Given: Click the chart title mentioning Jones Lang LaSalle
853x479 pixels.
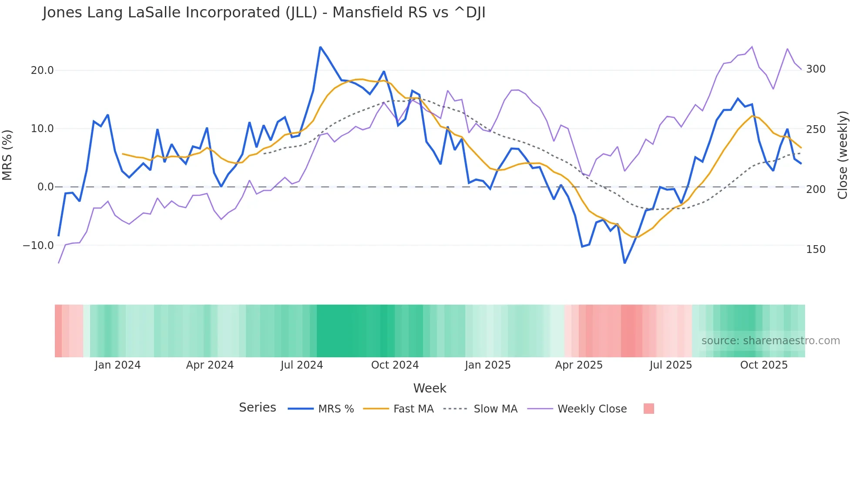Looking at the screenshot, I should (264, 13).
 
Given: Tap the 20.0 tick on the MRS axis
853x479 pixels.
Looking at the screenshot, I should (42, 70).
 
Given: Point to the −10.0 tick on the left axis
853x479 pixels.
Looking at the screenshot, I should (38, 246).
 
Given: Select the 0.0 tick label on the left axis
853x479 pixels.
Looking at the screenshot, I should (45, 187).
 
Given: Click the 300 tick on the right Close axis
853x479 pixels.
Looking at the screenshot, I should (816, 69).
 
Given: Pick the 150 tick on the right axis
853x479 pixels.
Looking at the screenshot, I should (816, 249).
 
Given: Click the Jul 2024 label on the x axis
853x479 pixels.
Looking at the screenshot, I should (302, 365).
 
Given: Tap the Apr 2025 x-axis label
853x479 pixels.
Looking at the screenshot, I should (578, 365).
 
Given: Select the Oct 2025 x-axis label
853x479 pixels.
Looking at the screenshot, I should (764, 365).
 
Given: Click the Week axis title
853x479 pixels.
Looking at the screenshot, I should (430, 388).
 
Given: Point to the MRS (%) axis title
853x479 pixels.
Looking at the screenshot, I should (7, 155).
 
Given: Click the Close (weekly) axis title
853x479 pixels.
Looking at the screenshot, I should (843, 155).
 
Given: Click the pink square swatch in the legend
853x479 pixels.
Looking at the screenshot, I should (648, 409).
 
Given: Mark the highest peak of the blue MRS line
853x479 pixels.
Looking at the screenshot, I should (320, 47).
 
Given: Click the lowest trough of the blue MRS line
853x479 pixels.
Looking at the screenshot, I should (625, 263).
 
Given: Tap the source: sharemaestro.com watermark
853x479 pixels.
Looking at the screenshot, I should (770, 341).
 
